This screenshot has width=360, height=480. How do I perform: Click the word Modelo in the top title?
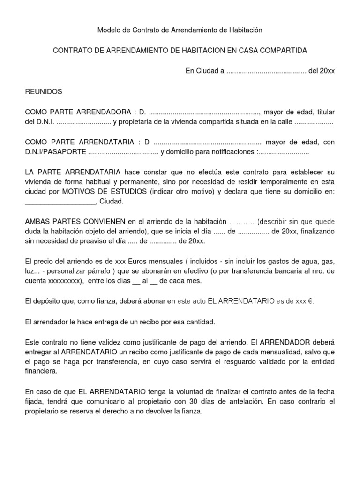108,30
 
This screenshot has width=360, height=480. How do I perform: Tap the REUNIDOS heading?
43,91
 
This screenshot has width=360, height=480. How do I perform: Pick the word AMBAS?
36,221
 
